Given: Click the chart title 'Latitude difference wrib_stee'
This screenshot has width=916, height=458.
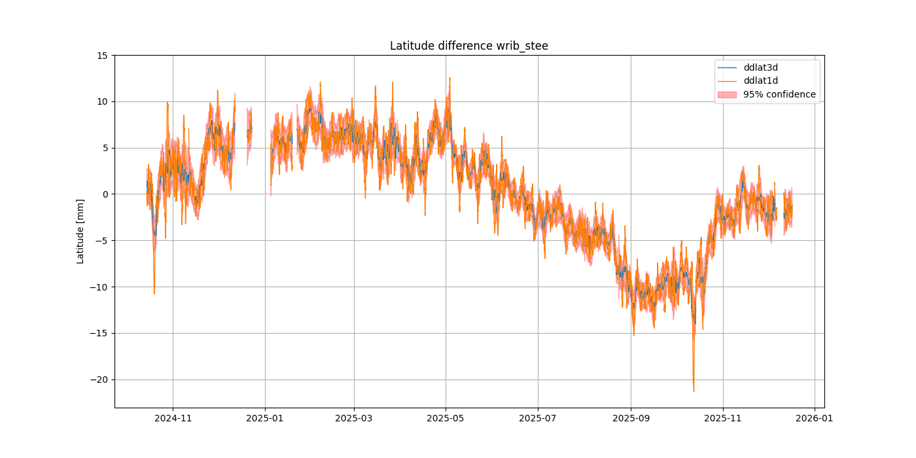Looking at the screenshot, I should tap(468, 46).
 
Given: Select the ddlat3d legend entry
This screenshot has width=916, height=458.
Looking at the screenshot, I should tap(760, 67).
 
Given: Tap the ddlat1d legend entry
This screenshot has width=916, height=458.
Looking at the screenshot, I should tap(760, 80).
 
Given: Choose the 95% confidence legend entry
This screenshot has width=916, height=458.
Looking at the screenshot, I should tap(779, 94).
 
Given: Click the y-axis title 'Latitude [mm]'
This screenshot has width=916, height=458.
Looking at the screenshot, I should tap(80, 232).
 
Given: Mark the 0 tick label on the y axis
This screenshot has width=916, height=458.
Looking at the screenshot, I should tap(105, 194).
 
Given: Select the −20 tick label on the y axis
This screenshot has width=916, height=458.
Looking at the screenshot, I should tap(100, 379).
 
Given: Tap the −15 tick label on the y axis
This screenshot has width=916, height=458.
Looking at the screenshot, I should tap(100, 333).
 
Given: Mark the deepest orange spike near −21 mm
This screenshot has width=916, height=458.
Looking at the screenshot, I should tap(694, 391).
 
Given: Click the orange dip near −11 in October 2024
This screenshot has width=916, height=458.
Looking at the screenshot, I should tap(154, 292).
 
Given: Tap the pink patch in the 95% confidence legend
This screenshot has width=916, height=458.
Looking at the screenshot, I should tap(727, 94).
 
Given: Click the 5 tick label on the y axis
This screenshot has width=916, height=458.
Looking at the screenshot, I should tap(105, 148).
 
